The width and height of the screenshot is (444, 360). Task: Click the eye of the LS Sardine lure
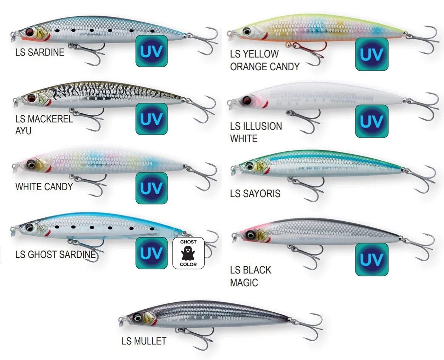coord(30,32)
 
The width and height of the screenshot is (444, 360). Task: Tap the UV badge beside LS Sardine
coord(152,51)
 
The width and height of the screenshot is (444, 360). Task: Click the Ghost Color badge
coord(188,253)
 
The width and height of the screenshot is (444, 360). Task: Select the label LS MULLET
coord(144,341)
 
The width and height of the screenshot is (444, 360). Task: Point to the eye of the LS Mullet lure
coord(137,317)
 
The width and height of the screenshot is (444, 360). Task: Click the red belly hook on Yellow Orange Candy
coord(306,48)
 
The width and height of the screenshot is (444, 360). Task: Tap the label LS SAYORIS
coord(255,194)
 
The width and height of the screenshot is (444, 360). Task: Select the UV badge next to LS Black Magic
coord(372,259)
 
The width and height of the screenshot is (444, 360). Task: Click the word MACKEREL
coord(50,119)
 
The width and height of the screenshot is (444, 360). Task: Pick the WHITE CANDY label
coord(44,186)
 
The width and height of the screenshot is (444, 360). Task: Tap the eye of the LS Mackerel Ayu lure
coord(31,98)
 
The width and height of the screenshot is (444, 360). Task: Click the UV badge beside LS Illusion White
coord(372,121)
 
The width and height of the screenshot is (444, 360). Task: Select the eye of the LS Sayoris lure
coord(249,166)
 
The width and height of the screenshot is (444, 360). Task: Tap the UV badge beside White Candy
coord(152,188)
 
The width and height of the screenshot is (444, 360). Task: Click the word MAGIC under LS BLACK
coord(244,283)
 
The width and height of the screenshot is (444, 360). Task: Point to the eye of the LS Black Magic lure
coord(251,235)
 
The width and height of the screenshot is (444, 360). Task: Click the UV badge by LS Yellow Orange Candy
coord(372,54)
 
